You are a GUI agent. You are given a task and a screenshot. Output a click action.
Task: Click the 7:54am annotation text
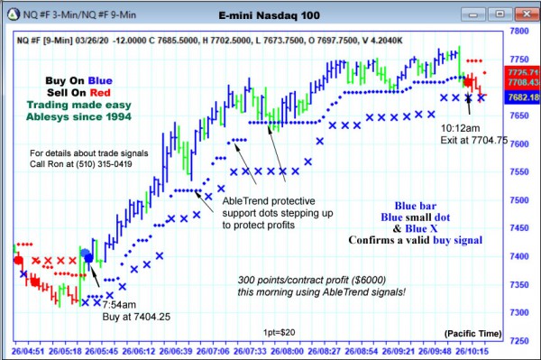pos(117,304)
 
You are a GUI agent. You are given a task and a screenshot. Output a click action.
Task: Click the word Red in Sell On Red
pos(101,92)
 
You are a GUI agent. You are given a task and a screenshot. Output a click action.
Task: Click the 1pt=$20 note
pos(277,332)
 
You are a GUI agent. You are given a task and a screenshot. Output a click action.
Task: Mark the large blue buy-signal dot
pos(88,258)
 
